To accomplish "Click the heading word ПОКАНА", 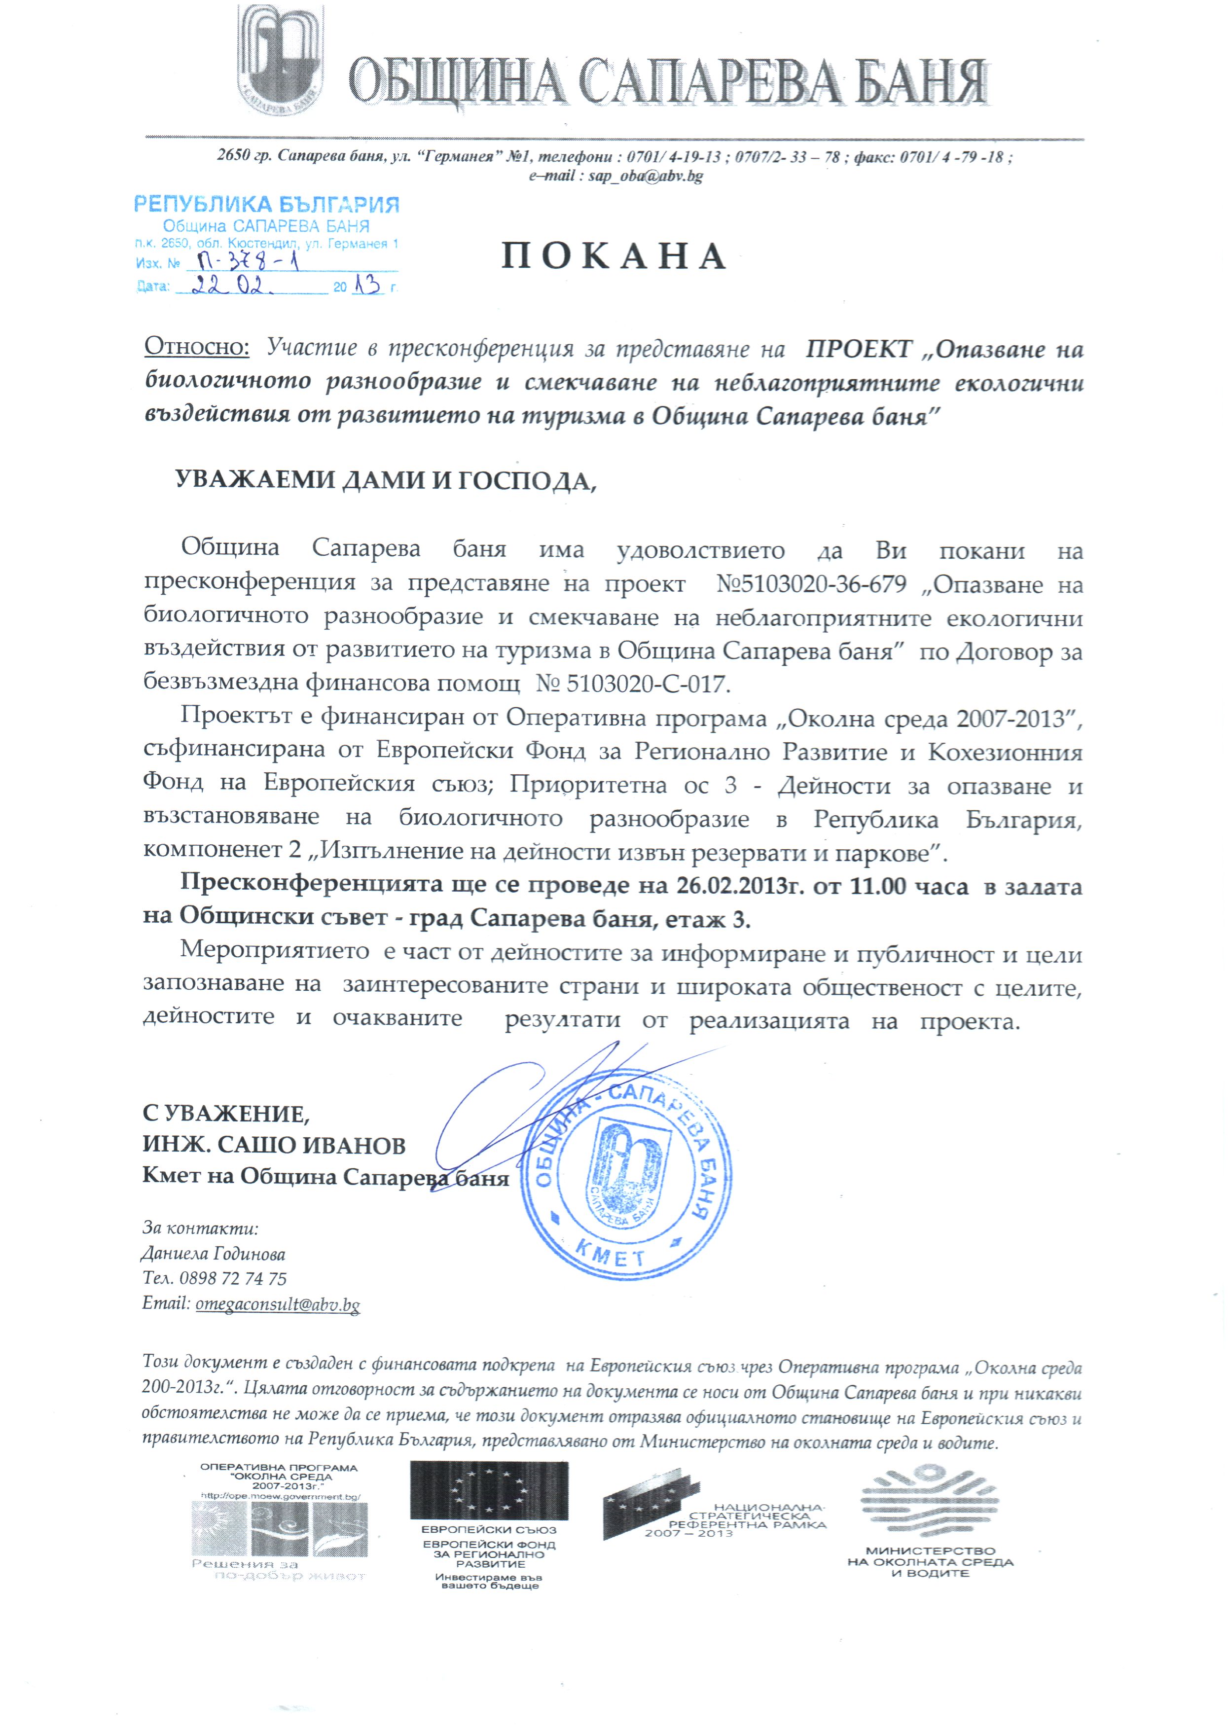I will click(x=614, y=257).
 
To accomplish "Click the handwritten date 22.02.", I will click(x=228, y=287).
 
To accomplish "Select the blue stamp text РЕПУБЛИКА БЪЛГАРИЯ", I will click(x=266, y=204).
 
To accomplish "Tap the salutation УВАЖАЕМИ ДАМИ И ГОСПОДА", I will click(x=386, y=481).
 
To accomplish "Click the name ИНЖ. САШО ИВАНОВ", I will click(x=274, y=1145).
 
